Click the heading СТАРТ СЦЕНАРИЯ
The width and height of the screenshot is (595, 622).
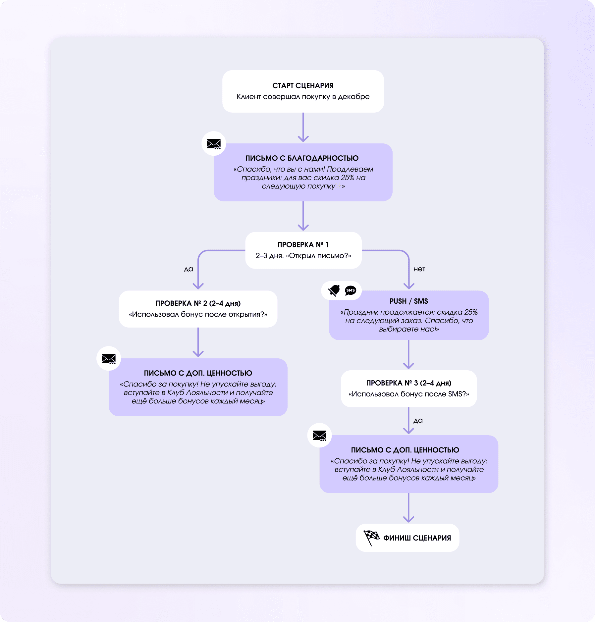pos(303,85)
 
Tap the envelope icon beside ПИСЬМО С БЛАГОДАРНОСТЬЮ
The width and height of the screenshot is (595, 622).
pos(214,144)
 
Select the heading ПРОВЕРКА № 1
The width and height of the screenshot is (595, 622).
pos(303,244)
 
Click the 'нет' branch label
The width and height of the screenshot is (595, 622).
pos(419,269)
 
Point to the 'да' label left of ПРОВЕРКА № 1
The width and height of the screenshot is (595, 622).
pos(188,269)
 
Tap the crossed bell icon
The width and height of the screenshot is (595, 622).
pos(334,290)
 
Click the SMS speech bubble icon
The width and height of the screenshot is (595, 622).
pos(350,290)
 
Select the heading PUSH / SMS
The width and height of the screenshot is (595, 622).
pos(408,301)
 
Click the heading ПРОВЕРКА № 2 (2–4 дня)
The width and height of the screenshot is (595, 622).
pos(198,303)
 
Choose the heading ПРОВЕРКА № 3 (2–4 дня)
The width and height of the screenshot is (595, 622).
pos(408,383)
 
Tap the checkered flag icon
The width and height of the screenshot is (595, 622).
pos(371,537)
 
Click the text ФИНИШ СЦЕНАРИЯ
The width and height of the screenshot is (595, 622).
pos(417,538)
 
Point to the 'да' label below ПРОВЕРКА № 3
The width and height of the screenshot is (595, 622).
pos(418,421)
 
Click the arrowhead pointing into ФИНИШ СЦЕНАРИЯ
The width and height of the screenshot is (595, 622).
pos(408,519)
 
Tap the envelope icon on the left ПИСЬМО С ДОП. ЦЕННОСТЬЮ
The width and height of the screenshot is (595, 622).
pos(109,358)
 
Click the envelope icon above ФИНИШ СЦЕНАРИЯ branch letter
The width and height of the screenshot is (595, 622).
pos(319,435)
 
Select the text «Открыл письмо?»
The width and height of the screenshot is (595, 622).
pos(318,256)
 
